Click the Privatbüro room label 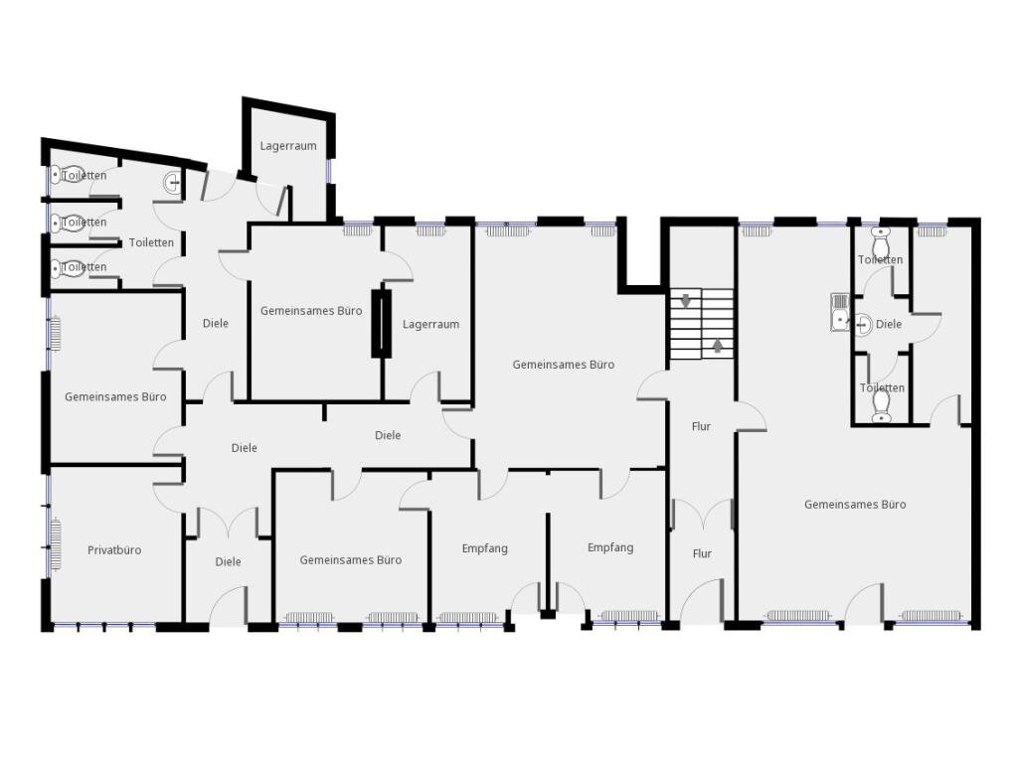(114, 550)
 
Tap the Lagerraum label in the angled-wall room (288, 146)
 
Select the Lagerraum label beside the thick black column (430, 325)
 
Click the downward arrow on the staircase (686, 300)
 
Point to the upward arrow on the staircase (718, 345)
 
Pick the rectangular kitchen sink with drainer (839, 312)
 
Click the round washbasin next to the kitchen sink (862, 325)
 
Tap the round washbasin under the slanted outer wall (173, 183)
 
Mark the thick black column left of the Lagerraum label (381, 324)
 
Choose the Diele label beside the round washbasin (889, 325)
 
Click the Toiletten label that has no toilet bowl (151, 242)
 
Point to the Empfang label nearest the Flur (610, 547)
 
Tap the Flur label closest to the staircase (701, 426)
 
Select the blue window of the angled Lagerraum (328, 171)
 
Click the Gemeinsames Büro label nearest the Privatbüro (115, 397)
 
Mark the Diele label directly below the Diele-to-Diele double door (228, 562)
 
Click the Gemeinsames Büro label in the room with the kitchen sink (855, 505)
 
